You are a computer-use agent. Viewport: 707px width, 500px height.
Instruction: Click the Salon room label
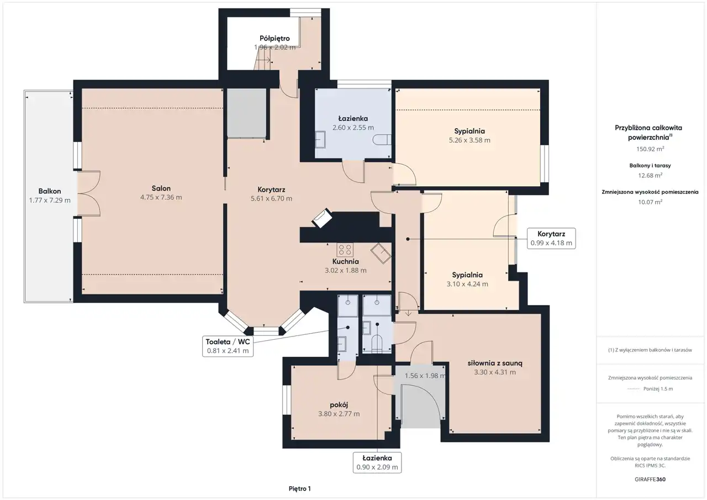coord(161,188)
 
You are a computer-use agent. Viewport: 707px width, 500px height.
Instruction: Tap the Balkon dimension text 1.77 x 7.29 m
coord(50,200)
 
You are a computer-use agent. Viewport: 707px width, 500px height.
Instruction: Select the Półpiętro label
coord(275,39)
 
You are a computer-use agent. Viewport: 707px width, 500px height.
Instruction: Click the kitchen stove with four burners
coord(345,250)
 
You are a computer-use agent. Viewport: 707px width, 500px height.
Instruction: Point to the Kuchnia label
coord(345,261)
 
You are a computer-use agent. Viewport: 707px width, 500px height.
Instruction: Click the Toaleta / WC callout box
coord(228,346)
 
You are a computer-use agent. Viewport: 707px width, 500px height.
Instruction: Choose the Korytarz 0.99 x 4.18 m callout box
coord(551,238)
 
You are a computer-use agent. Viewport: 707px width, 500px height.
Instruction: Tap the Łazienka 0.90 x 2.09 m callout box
coord(377,462)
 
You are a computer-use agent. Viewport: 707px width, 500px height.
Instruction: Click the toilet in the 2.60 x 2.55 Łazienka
coord(382,140)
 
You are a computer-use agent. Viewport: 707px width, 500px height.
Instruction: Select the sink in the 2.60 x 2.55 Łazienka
coord(321,140)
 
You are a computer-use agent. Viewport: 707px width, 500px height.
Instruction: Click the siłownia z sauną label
coord(495,363)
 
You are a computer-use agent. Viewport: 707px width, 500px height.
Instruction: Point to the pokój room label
coord(339,405)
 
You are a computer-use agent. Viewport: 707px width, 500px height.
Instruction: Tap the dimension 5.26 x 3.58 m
coord(469,140)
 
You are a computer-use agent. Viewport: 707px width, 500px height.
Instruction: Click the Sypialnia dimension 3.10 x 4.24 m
coord(467,284)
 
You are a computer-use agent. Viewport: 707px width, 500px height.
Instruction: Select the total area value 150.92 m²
coord(650,149)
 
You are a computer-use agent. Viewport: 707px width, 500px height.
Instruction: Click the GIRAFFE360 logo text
coord(650,479)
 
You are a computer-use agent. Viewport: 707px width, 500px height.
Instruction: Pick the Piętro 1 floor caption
coord(299,488)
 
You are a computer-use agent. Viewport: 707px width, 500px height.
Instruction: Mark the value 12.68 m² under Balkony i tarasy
coord(650,175)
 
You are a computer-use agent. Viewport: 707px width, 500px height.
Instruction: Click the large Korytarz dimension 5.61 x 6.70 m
coord(271,198)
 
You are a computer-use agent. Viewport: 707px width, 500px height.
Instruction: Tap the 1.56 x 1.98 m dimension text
coord(425,376)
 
